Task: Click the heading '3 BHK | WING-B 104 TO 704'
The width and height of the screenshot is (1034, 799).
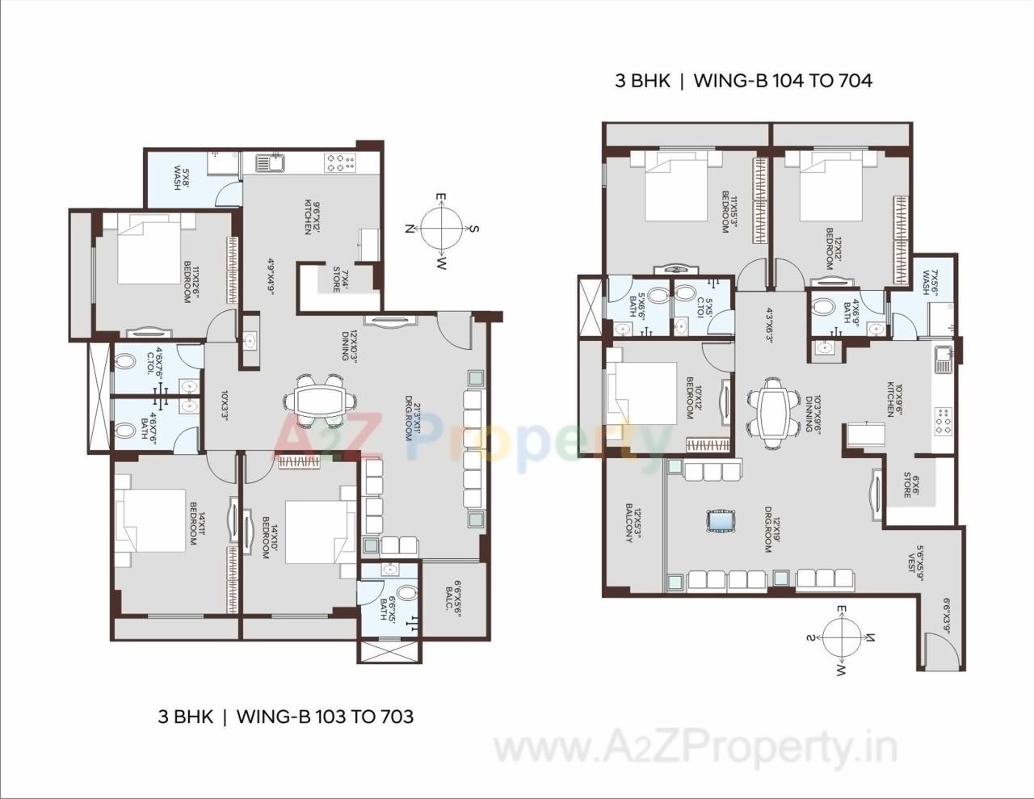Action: [x=743, y=81]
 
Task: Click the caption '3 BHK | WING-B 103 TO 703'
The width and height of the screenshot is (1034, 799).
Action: [x=286, y=716]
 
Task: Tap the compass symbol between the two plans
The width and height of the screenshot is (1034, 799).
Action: [x=442, y=229]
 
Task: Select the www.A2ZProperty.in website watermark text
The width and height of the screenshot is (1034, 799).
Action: [x=695, y=750]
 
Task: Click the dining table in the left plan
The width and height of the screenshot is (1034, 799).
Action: [x=322, y=399]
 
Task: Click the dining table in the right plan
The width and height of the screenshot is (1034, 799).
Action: [x=770, y=413]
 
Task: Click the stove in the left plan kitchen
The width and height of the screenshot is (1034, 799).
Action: [x=340, y=163]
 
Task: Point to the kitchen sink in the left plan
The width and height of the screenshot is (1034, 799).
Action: [x=268, y=164]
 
